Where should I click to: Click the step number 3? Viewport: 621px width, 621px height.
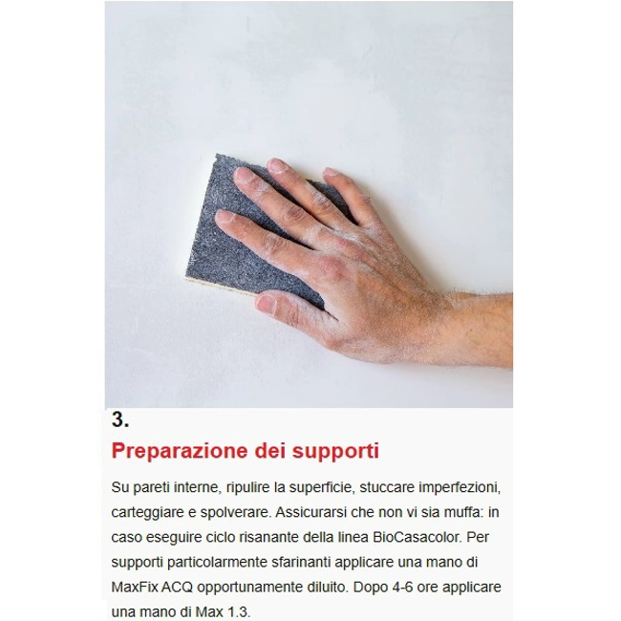(120, 419)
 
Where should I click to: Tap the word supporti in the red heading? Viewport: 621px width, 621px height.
(335, 452)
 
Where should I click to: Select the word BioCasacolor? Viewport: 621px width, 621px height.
(418, 537)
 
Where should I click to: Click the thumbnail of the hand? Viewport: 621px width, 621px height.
(267, 304)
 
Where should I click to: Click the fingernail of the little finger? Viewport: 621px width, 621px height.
(332, 172)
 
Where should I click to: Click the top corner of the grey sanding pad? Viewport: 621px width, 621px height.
(217, 154)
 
